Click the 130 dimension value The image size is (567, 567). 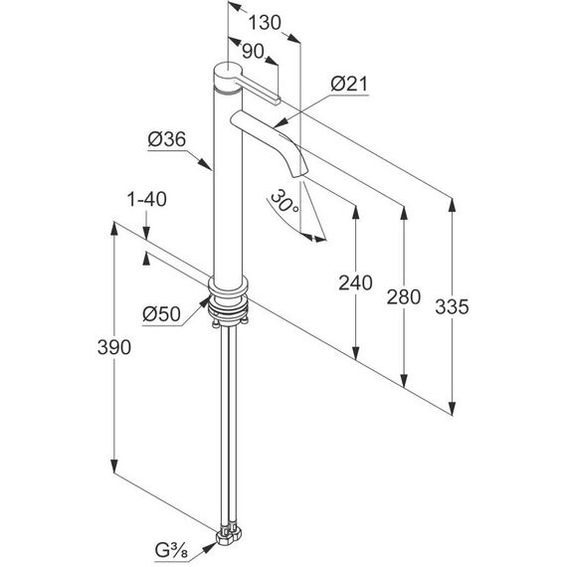(265, 23)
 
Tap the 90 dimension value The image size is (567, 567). (253, 52)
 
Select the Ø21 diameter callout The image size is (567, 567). (349, 84)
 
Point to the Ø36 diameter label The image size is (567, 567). (167, 139)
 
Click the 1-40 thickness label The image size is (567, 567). (147, 199)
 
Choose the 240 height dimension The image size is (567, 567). (355, 283)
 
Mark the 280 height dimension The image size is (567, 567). (404, 297)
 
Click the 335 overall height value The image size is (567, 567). (452, 307)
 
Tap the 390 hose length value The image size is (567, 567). (114, 347)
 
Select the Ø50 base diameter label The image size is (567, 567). (161, 314)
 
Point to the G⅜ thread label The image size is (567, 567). (171, 551)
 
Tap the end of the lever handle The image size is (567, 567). (278, 100)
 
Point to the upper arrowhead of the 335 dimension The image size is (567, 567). (452, 205)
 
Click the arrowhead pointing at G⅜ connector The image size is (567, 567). (210, 547)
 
